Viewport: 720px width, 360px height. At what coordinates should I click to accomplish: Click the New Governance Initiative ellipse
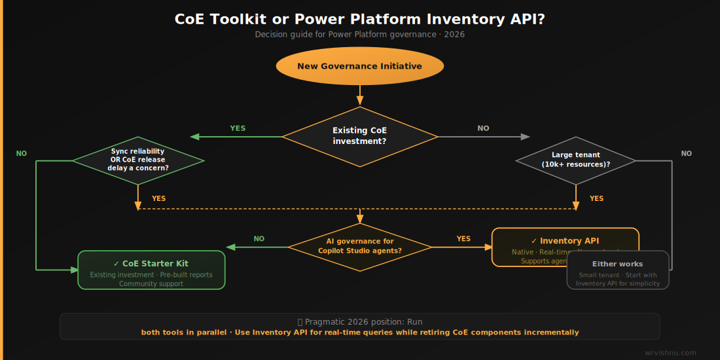point(359,66)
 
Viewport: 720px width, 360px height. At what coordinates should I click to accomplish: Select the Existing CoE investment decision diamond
point(359,136)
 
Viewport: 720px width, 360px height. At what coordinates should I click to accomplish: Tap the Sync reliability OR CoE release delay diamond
point(137,160)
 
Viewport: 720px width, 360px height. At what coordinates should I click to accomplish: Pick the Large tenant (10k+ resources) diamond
point(575,160)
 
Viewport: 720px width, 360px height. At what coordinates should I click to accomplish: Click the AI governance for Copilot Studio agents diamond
point(359,246)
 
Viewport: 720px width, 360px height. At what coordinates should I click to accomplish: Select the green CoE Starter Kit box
point(151,269)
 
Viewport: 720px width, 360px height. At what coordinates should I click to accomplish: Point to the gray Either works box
point(617,270)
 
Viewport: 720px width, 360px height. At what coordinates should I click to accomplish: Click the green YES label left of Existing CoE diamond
point(238,128)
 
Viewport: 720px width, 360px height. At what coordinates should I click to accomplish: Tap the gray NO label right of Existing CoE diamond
point(483,128)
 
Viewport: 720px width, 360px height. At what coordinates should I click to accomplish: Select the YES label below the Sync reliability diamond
point(158,198)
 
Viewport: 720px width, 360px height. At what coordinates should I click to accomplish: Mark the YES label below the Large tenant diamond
point(596,198)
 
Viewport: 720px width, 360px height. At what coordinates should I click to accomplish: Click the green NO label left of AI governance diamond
point(259,239)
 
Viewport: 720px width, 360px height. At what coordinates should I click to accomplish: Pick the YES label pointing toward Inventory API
point(463,239)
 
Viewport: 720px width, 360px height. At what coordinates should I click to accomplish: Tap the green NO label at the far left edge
point(22,154)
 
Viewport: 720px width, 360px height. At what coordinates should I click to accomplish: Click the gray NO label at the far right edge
point(686,154)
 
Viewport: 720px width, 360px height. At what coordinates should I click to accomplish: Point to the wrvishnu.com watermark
point(670,353)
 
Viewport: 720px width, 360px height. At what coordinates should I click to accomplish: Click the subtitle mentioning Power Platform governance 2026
point(359,34)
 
